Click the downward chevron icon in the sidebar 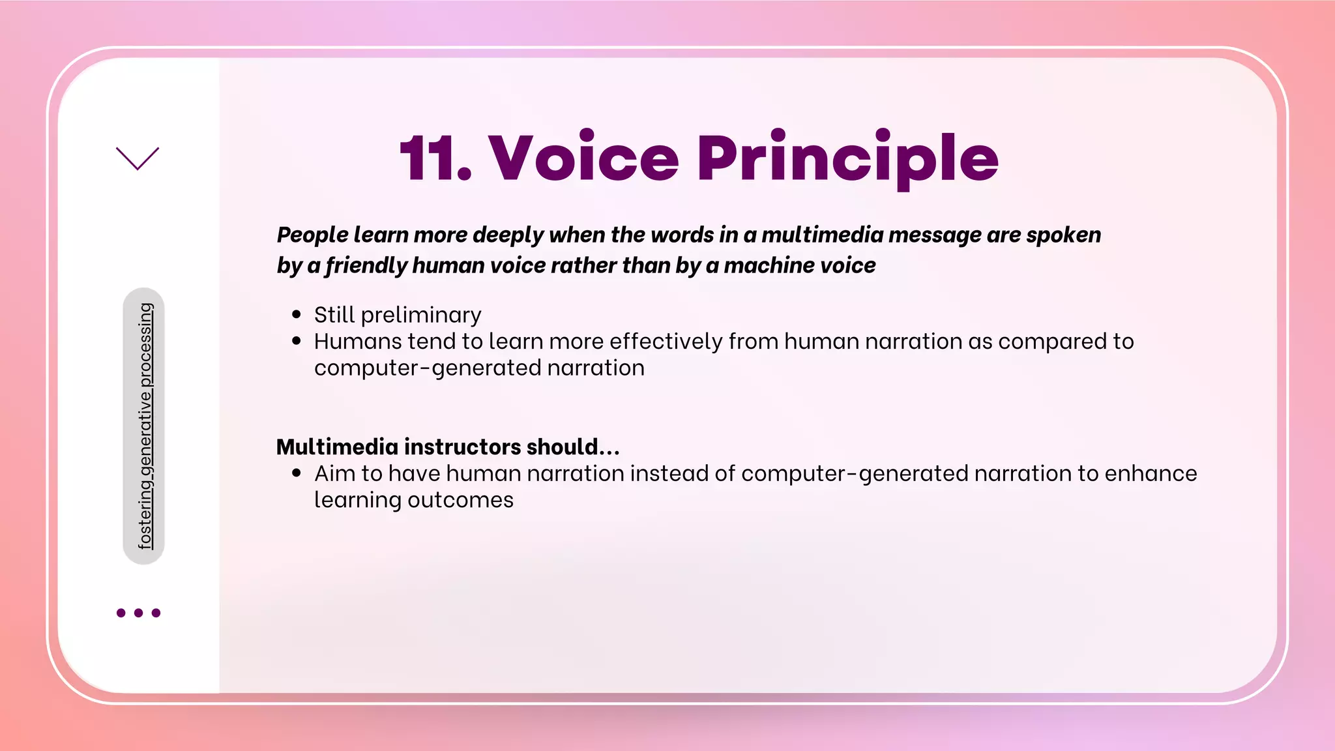click(x=138, y=158)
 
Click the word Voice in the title click(x=583, y=158)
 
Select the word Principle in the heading click(x=847, y=158)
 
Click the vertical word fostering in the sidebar click(x=145, y=516)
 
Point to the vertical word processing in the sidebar click(x=145, y=345)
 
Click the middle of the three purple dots click(x=138, y=613)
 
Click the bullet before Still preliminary click(x=297, y=315)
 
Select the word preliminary click(x=420, y=316)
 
